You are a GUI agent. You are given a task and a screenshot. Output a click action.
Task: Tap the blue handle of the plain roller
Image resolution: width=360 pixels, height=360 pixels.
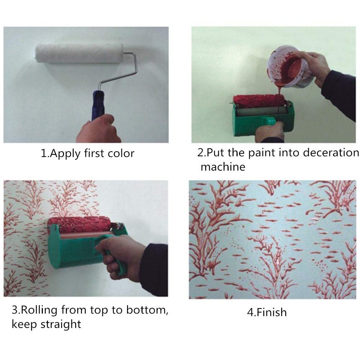tap(98, 104)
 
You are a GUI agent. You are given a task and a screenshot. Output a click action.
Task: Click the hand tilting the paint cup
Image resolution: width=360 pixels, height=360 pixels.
tap(317, 67)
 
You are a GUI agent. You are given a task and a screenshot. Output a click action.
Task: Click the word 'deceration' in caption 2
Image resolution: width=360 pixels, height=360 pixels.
tap(330, 153)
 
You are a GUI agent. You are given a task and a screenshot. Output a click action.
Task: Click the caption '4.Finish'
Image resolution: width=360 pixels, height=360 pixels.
tap(267, 312)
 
